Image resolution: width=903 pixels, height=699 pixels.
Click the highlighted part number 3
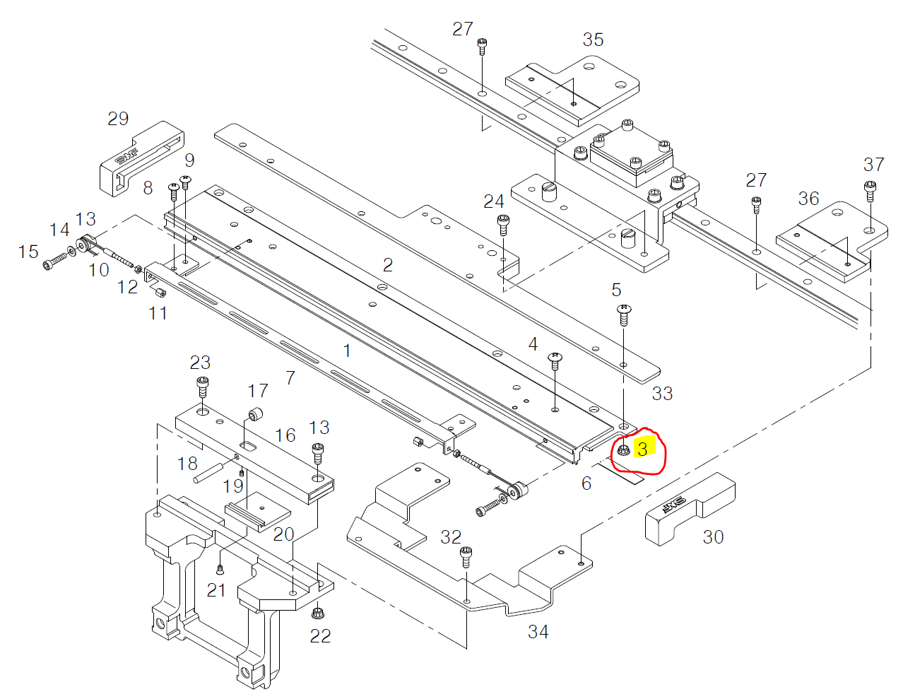[x=642, y=449]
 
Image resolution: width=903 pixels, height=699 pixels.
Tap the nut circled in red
[x=623, y=450]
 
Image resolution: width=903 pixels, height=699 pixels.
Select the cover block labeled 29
[x=141, y=158]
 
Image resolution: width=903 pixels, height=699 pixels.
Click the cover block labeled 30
[x=690, y=509]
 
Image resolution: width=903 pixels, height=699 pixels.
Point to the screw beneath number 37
[x=870, y=190]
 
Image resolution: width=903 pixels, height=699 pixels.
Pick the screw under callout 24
[x=503, y=224]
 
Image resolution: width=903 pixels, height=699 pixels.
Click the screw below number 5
[x=623, y=314]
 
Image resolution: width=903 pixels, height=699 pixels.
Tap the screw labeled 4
[x=555, y=361]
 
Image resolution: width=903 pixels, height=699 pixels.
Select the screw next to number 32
[x=466, y=556]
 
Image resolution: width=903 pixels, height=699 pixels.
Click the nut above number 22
[x=317, y=612]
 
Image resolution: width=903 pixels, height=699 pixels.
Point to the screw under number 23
[x=202, y=386]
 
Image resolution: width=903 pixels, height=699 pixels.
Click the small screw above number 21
[x=220, y=569]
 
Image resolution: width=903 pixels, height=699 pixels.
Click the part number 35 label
[x=593, y=40]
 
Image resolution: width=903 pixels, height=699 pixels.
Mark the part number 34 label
[x=538, y=631]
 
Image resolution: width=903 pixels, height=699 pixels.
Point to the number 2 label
[x=387, y=265]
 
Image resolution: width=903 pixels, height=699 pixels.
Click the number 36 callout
[x=808, y=199]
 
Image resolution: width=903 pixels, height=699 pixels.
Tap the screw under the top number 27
[x=482, y=46]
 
